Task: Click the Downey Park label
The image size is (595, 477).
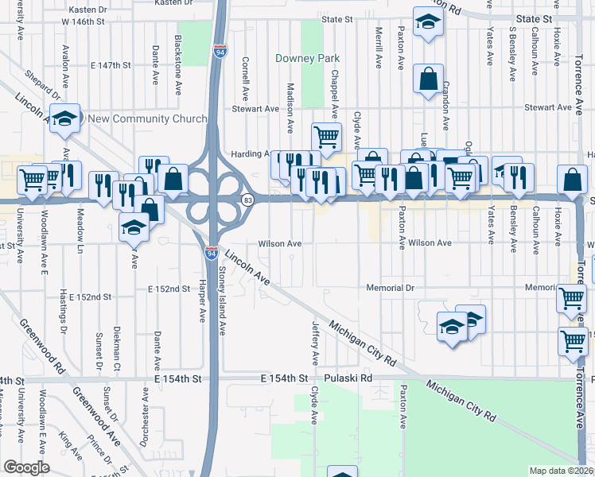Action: coord(307,58)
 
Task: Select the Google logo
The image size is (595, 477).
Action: coord(26,467)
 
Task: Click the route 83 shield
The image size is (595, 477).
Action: coord(248,200)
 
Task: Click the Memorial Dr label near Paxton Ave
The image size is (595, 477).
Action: coord(391,287)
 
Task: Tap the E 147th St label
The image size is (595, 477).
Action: coord(110,64)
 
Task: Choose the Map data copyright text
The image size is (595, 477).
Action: coord(562,471)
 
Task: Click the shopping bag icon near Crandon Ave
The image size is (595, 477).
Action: coord(428,79)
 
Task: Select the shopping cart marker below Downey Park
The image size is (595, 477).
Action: coord(326,138)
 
